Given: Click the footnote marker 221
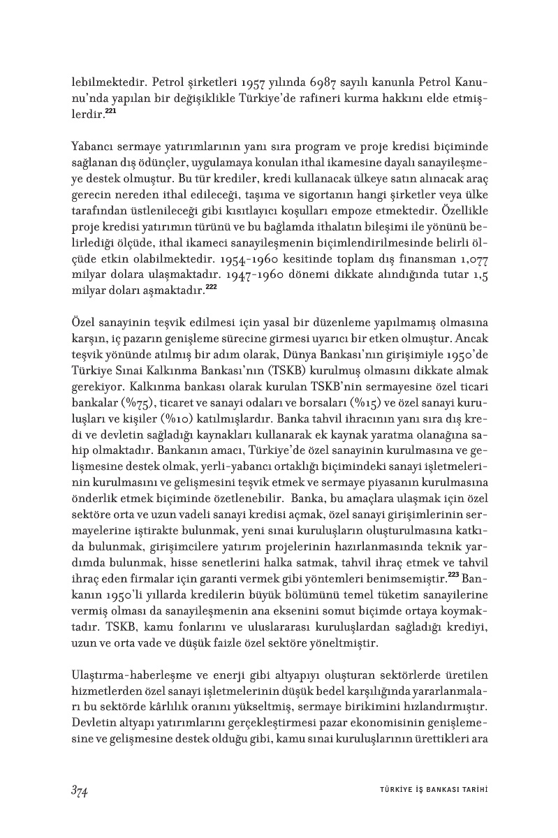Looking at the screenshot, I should (x=111, y=110).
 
